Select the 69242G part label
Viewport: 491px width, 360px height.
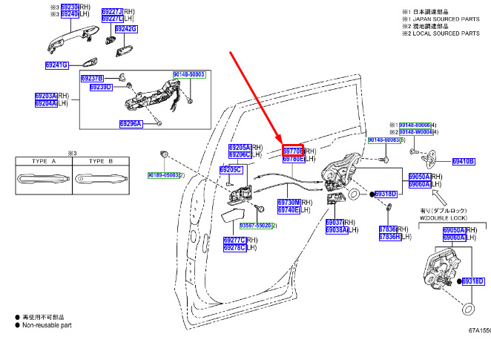pos(125,29)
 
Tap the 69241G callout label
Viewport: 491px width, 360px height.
pos(56,65)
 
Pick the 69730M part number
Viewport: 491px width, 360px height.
pos(289,202)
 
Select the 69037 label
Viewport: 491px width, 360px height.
pos(335,222)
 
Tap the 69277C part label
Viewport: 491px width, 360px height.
pos(235,240)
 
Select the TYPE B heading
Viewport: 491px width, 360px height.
pos(100,160)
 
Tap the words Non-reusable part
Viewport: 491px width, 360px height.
pos(47,324)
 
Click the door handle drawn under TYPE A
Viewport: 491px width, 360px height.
pos(44,179)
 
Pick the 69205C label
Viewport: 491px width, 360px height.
pos(231,170)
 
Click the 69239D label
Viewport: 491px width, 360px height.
pos(100,87)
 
